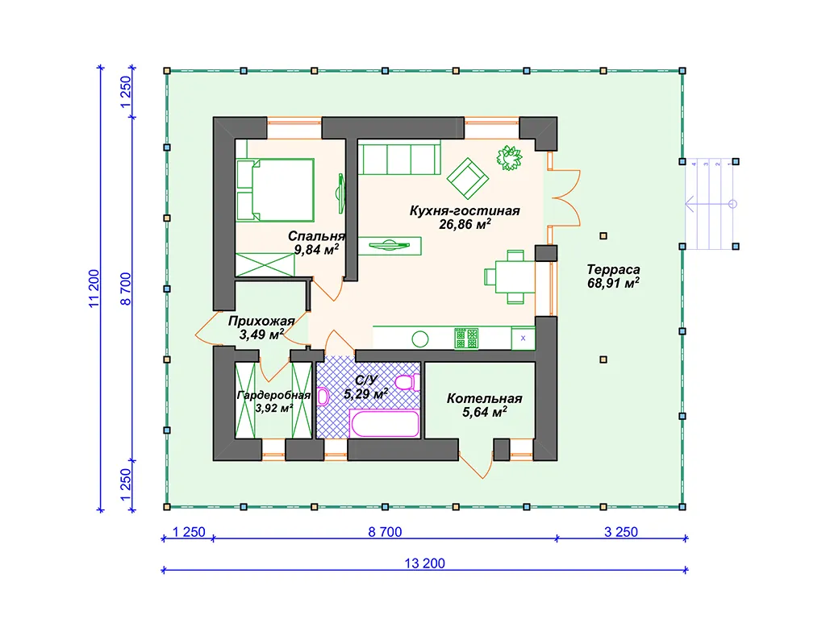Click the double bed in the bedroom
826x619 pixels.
276,190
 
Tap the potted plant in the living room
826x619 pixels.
509,158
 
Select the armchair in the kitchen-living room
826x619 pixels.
468,178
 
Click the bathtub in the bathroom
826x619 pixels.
384,424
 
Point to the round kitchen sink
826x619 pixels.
419,339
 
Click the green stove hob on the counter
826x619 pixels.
466,338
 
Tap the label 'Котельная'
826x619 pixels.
485,398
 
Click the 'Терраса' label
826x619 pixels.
613,269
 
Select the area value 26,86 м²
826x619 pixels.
465,224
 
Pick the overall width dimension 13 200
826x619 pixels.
424,563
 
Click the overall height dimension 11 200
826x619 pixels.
94,289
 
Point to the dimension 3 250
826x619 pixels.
620,532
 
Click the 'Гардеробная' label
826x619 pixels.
273,395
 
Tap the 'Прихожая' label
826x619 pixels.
261,321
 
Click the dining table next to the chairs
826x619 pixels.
515,277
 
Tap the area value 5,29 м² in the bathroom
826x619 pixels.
366,393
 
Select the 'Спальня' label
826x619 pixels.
316,236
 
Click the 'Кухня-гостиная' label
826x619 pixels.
465,210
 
